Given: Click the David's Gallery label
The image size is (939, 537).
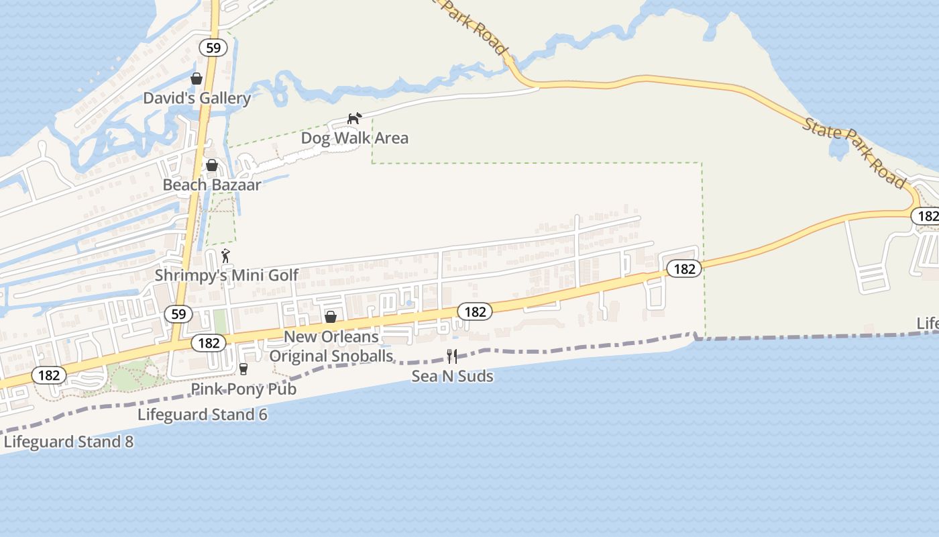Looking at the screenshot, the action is click(197, 98).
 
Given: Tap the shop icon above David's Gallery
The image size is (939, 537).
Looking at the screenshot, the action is click(197, 79).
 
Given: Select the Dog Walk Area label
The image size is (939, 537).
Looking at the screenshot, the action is click(354, 138).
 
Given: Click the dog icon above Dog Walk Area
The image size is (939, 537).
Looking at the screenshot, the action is click(354, 119).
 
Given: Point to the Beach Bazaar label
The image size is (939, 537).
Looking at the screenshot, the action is click(212, 185).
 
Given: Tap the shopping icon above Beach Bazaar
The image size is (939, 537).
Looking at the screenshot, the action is click(212, 165).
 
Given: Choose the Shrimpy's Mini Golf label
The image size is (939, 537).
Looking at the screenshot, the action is click(227, 275).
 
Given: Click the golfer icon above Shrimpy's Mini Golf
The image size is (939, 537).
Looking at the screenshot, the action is click(226, 256).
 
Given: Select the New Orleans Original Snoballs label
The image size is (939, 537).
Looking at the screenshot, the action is click(331, 346).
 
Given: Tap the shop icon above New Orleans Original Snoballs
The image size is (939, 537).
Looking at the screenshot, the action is click(331, 317).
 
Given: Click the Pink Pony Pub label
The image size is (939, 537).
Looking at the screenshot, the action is click(243, 389).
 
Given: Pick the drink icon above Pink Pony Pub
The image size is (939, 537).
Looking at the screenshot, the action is click(243, 369).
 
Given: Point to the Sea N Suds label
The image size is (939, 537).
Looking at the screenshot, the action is click(452, 376).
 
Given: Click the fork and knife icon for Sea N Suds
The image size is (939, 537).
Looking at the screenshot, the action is click(452, 356).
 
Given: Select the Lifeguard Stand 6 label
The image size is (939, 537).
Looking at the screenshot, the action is click(202, 414).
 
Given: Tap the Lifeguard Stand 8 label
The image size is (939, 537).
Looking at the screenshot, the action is click(68, 442).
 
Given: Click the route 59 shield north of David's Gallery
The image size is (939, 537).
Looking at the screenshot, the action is click(213, 48).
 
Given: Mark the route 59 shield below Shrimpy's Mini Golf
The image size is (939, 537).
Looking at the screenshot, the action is click(178, 313).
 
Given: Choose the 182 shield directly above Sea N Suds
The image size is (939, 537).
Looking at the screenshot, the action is click(475, 311).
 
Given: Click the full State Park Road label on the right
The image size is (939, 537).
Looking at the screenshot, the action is click(854, 154).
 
